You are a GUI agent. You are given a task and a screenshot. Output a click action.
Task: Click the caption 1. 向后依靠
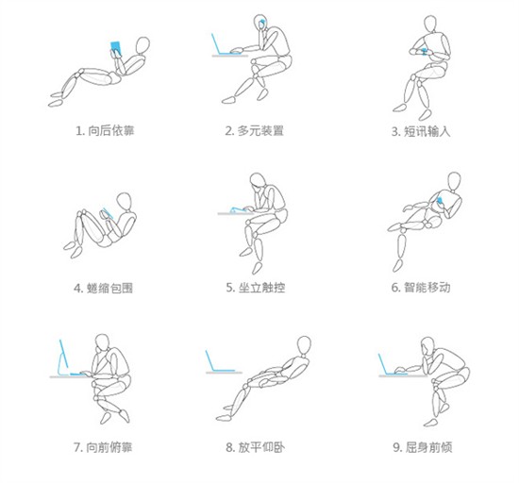click(105, 131)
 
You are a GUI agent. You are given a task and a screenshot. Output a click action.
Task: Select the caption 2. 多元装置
click(254, 131)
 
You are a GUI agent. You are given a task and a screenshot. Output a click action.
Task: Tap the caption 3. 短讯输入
click(421, 131)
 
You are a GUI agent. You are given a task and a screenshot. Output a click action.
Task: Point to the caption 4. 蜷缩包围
click(103, 288)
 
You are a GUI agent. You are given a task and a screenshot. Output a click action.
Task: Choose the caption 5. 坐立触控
click(255, 287)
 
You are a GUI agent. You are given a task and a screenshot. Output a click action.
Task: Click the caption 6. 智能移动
click(421, 287)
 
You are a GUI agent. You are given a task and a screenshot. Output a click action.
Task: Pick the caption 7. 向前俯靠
click(103, 447)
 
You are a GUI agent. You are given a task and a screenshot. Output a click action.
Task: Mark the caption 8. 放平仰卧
click(255, 447)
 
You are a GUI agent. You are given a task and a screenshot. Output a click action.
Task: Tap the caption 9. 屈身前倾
click(423, 447)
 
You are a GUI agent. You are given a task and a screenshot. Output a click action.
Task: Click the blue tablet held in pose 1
click(115, 48)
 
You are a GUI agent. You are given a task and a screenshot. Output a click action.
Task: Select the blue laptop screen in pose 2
click(216, 43)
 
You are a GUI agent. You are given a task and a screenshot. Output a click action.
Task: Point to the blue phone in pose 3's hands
click(424, 51)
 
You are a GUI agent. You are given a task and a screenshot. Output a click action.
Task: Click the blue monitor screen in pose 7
click(63, 353)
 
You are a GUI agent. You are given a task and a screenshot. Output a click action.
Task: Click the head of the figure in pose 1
click(142, 45)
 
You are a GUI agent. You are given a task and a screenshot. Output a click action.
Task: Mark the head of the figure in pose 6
click(454, 181)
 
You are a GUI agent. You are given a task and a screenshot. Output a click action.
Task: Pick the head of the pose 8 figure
click(304, 345)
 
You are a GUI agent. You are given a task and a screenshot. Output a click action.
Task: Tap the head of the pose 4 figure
click(125, 202)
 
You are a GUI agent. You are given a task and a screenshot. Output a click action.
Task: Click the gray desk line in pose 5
click(235, 214)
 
